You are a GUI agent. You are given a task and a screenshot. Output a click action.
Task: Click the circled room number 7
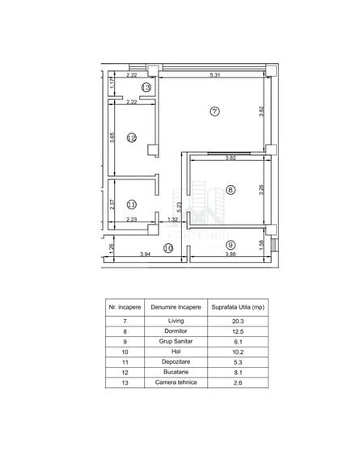pyautogui.click(x=214, y=112)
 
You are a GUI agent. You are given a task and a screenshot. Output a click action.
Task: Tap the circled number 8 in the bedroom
pyautogui.click(x=231, y=190)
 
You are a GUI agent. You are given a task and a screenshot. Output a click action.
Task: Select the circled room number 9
pyautogui.click(x=231, y=245)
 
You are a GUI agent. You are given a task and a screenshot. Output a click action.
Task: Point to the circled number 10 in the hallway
pyautogui.click(x=168, y=248)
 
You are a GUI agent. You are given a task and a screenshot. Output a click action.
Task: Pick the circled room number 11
pyautogui.click(x=132, y=204)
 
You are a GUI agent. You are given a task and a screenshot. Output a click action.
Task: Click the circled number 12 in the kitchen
pyautogui.click(x=132, y=137)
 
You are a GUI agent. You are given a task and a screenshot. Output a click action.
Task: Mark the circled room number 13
pyautogui.click(x=146, y=87)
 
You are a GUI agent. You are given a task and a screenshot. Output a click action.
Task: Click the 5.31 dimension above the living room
pyautogui.click(x=215, y=75)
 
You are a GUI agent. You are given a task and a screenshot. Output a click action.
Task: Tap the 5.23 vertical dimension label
pyautogui.click(x=180, y=207)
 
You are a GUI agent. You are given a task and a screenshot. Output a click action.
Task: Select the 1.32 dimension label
pyautogui.click(x=172, y=219)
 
